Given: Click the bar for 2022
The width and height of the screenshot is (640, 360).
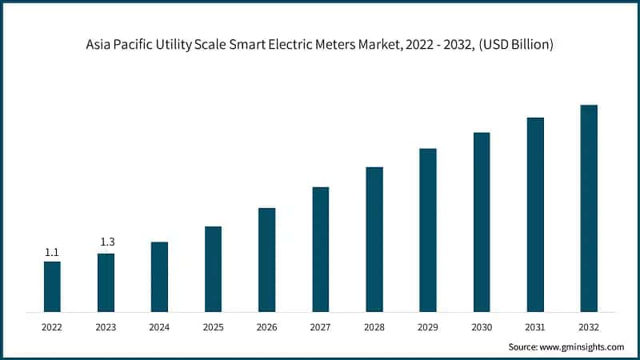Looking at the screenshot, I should [52, 286].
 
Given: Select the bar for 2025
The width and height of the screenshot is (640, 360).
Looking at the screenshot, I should [213, 269].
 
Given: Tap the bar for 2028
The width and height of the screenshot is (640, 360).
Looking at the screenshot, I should [374, 239].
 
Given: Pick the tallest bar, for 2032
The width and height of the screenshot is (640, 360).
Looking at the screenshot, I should [589, 208].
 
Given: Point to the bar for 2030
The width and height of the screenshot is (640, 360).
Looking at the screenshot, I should [482, 222].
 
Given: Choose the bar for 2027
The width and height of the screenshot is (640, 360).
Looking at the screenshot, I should [321, 249].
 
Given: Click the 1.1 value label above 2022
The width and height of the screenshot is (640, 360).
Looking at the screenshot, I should [52, 252].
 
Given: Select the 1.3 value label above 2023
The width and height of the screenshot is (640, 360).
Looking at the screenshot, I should [106, 242].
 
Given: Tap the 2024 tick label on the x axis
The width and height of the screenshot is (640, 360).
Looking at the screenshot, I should [159, 326].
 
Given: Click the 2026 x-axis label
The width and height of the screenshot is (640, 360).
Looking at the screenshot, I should [266, 326].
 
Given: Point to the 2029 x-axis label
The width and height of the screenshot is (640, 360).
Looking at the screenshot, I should [428, 326].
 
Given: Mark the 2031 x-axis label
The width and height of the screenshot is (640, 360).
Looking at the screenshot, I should [535, 326].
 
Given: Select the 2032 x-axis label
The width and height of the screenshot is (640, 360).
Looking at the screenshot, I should [589, 326].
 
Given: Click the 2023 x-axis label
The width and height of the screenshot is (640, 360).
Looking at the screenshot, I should [106, 326].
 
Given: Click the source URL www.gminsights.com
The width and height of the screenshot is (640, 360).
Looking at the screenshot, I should [583, 346].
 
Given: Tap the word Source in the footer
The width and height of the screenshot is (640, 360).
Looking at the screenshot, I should [524, 346].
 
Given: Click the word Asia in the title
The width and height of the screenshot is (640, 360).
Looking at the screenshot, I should [99, 46].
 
